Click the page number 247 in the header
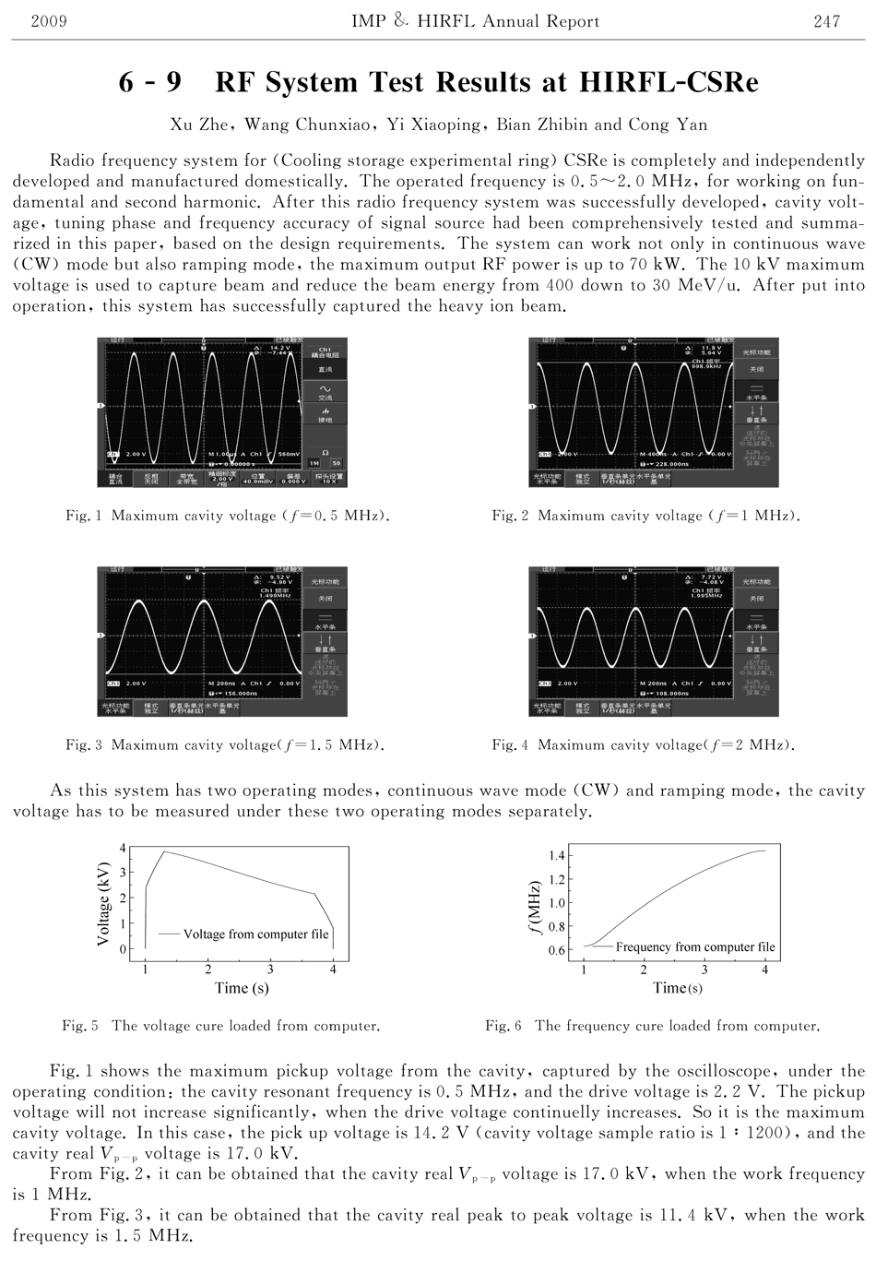coord(826,21)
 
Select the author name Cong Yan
coord(668,125)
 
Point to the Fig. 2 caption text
coord(645,516)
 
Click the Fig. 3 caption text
coord(225,744)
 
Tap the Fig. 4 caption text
coord(643,744)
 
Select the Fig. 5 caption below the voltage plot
coord(220,1026)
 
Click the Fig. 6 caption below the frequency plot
coord(652,1026)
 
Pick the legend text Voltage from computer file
coord(255,934)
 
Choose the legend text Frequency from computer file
coord(694,947)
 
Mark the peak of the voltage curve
coord(164,851)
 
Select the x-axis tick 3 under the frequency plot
coord(704,970)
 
